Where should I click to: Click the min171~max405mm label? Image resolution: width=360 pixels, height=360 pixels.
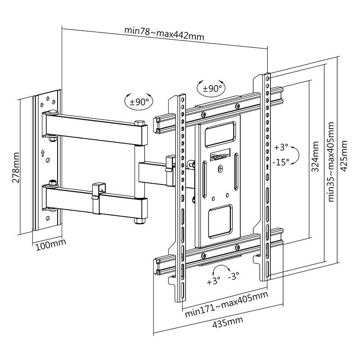coord(226,305)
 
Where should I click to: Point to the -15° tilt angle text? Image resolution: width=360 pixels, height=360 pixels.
coord(282,162)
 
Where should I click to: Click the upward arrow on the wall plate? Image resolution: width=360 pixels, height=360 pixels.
coord(43,153)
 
